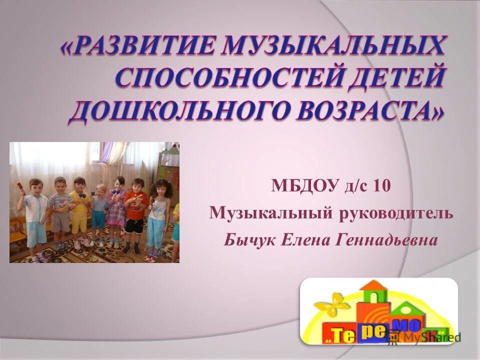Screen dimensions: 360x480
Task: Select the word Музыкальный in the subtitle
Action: tap(260, 214)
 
